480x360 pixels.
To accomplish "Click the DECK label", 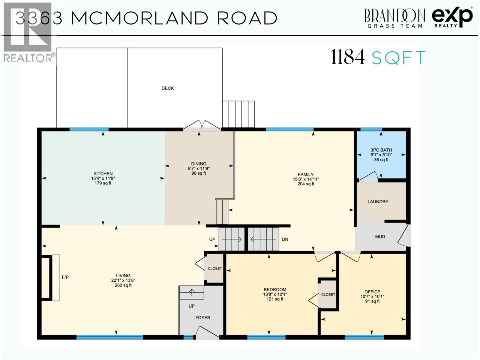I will point(167,88).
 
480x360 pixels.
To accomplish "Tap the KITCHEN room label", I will point(103,174).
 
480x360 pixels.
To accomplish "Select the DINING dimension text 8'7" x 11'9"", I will point(199,169).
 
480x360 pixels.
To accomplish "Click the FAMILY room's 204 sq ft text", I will point(306,184).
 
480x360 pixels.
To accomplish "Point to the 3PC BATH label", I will point(381,150).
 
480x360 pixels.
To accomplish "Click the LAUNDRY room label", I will point(378,202).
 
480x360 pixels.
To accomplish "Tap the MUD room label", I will point(380,237).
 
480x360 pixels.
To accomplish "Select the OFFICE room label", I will point(372,292).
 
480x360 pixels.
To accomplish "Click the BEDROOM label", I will point(275,290).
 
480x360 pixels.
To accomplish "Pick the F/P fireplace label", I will point(65,277).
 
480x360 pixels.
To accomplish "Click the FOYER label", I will point(203,318).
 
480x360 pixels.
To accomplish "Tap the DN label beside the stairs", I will point(285,239).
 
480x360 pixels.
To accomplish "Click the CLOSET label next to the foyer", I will point(215,268).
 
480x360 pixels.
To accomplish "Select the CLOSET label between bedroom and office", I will point(328,295).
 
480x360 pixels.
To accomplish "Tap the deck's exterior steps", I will point(238,114).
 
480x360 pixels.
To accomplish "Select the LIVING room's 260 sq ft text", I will point(123,285).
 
